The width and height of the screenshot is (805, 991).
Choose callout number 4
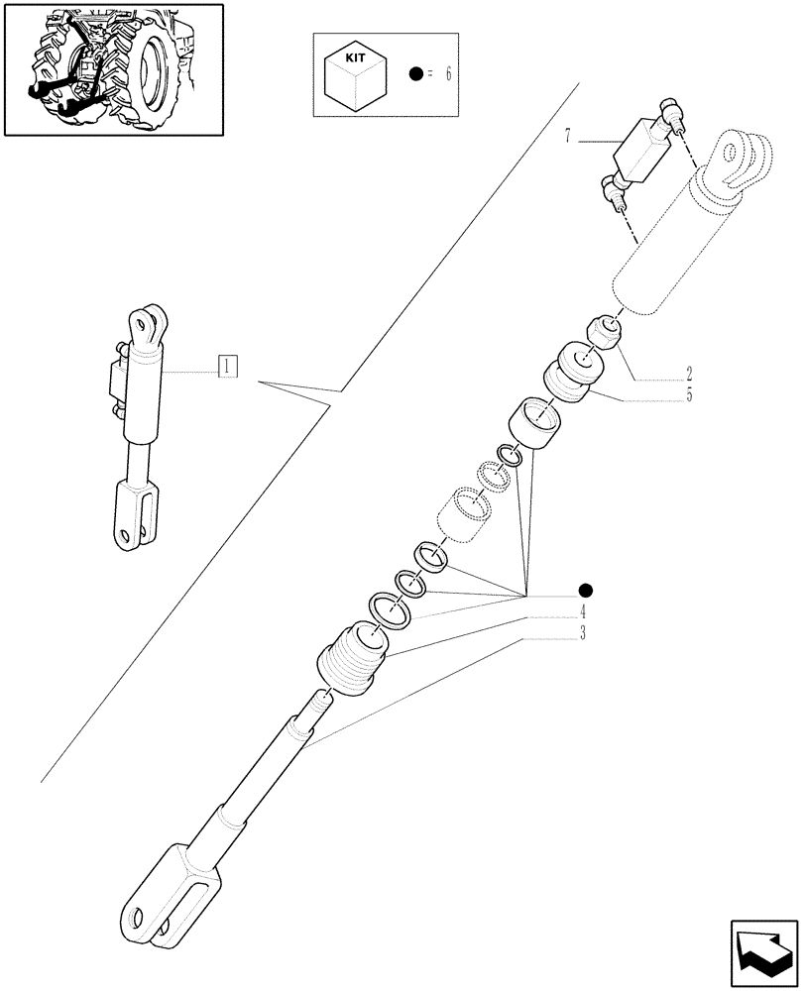tap(583, 610)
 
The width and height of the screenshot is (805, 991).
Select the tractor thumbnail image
tap(112, 69)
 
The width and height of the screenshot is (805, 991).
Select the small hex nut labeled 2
tap(607, 332)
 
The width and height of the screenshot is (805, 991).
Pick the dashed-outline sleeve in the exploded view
tap(461, 513)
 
